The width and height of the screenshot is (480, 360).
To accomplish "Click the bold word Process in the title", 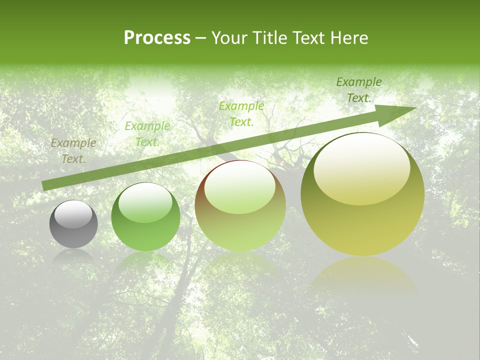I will (x=157, y=38).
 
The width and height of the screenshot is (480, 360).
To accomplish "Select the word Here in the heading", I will (x=348, y=38).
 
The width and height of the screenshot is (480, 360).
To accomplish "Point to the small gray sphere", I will (x=73, y=224).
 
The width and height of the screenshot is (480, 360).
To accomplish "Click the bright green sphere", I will (x=145, y=217).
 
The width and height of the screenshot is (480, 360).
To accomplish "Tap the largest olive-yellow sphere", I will (x=362, y=195).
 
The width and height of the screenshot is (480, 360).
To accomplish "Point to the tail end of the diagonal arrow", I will (x=45, y=185).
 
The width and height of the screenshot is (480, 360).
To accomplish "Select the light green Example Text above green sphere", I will (x=147, y=134).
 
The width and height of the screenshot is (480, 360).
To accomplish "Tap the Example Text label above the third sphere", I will (x=241, y=113).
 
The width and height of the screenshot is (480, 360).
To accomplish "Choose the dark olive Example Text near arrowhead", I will (x=359, y=90).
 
